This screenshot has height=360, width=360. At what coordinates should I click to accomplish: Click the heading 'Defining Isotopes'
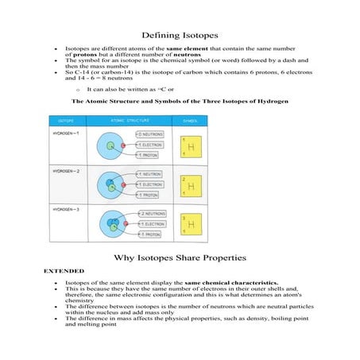[180, 35]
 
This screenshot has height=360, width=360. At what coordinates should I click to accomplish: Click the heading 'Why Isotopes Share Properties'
[180, 257]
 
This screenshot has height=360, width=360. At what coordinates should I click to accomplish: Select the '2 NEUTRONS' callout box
[151, 214]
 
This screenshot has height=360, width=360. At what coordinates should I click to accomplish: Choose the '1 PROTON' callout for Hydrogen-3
[149, 234]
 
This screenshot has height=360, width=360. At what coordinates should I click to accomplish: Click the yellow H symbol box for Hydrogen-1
[190, 147]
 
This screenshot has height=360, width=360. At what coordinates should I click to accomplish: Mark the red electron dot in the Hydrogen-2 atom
[123, 186]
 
